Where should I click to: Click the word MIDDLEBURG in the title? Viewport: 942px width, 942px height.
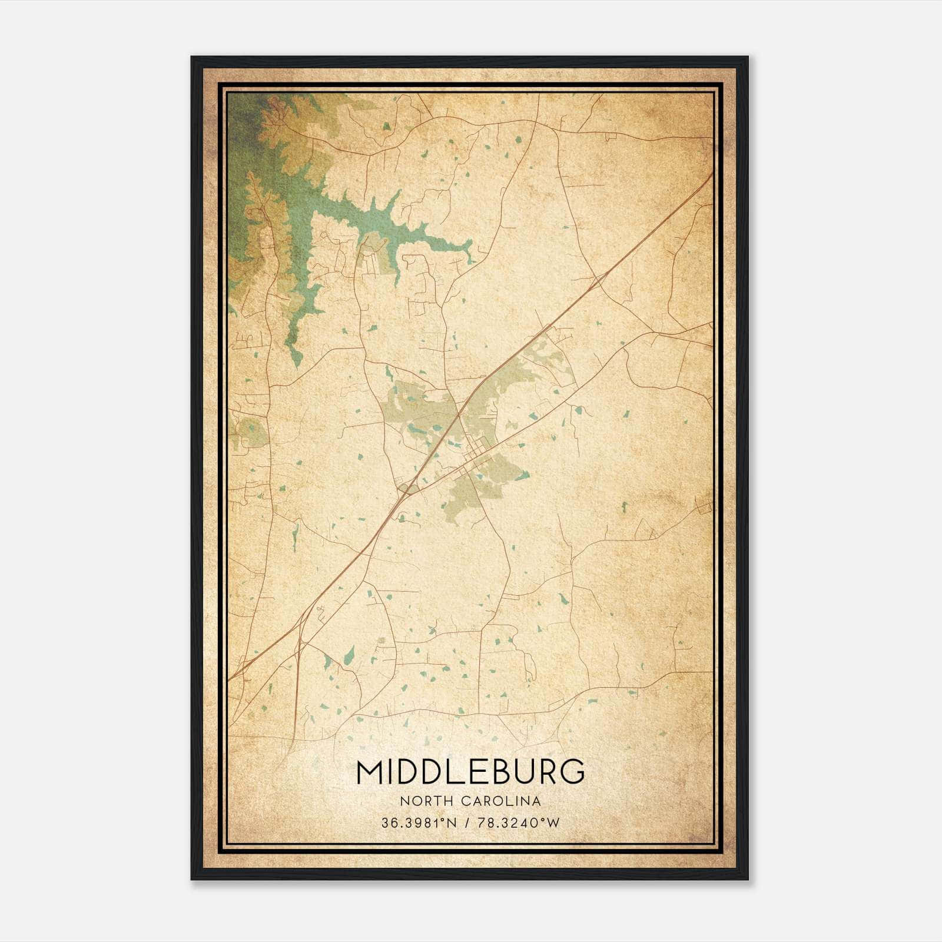point(471,772)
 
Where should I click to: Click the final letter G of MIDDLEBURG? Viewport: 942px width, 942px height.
point(573,772)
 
